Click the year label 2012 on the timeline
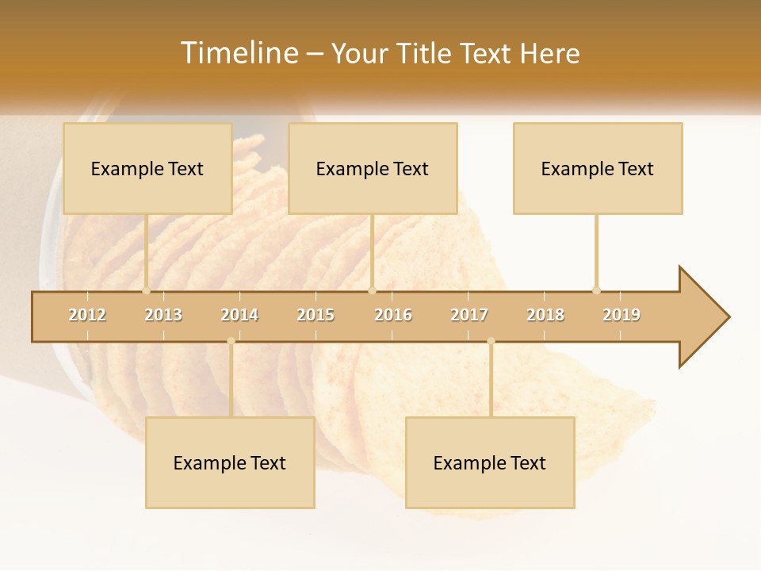(x=87, y=315)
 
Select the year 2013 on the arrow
(x=163, y=315)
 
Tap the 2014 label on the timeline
(x=239, y=315)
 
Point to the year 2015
(x=315, y=315)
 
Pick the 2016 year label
(x=393, y=315)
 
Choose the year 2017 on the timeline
(x=469, y=315)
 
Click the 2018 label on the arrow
(x=545, y=315)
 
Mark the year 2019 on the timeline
(x=621, y=315)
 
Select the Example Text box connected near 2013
(x=147, y=168)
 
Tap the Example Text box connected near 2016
(x=373, y=168)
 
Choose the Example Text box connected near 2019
(x=598, y=168)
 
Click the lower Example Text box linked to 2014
(x=230, y=462)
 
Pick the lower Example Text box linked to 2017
(x=490, y=462)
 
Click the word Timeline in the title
(x=239, y=53)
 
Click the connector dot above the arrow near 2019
(x=596, y=290)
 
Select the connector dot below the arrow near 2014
(x=231, y=341)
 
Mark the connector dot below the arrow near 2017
(x=491, y=341)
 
